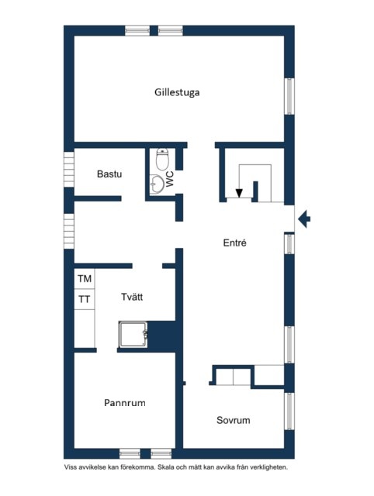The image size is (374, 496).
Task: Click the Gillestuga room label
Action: (x=177, y=92)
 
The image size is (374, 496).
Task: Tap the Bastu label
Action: (x=109, y=174)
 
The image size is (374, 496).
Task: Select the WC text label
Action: (x=170, y=179)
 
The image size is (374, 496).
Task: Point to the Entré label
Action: (x=234, y=243)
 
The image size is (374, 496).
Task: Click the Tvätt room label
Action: (x=132, y=297)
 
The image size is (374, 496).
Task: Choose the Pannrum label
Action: (x=125, y=403)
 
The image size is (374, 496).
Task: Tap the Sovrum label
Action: (x=233, y=420)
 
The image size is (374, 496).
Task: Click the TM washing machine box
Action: (x=85, y=279)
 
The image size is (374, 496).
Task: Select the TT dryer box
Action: (x=85, y=299)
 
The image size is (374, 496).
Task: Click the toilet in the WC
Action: (x=162, y=159)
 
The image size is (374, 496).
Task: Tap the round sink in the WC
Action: (x=157, y=184)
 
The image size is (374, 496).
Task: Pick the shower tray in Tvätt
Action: (x=133, y=335)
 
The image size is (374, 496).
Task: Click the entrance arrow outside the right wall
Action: (x=304, y=219)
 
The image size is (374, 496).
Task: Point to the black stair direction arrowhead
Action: (x=239, y=193)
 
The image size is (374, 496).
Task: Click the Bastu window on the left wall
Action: (x=69, y=170)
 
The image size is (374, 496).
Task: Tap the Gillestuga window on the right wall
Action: (x=289, y=96)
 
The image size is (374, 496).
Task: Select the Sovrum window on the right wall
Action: (x=289, y=412)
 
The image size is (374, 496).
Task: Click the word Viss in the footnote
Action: (x=71, y=467)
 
